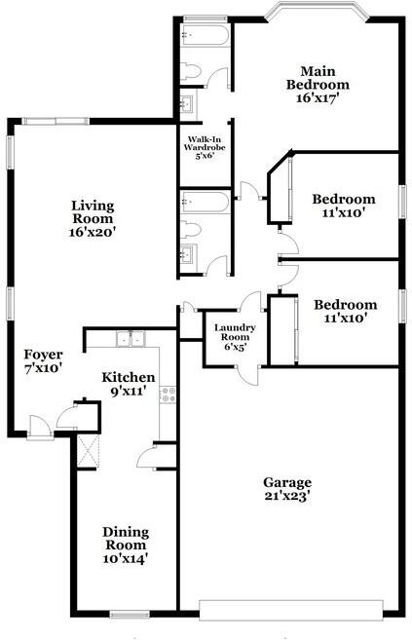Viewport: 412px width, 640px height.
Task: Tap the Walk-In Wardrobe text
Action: [205, 146]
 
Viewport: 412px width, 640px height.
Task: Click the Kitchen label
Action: [130, 377]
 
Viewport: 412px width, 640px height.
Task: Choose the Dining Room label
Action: [127, 538]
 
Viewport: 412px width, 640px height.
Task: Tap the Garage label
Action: [287, 482]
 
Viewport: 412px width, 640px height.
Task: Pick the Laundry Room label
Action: [235, 334]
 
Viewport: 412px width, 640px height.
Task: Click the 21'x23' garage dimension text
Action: [287, 496]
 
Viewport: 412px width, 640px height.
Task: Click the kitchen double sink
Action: [130, 339]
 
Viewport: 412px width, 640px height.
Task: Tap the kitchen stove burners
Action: [168, 395]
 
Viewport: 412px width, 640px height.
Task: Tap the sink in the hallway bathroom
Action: [188, 255]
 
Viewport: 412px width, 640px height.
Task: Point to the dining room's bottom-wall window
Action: [128, 613]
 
